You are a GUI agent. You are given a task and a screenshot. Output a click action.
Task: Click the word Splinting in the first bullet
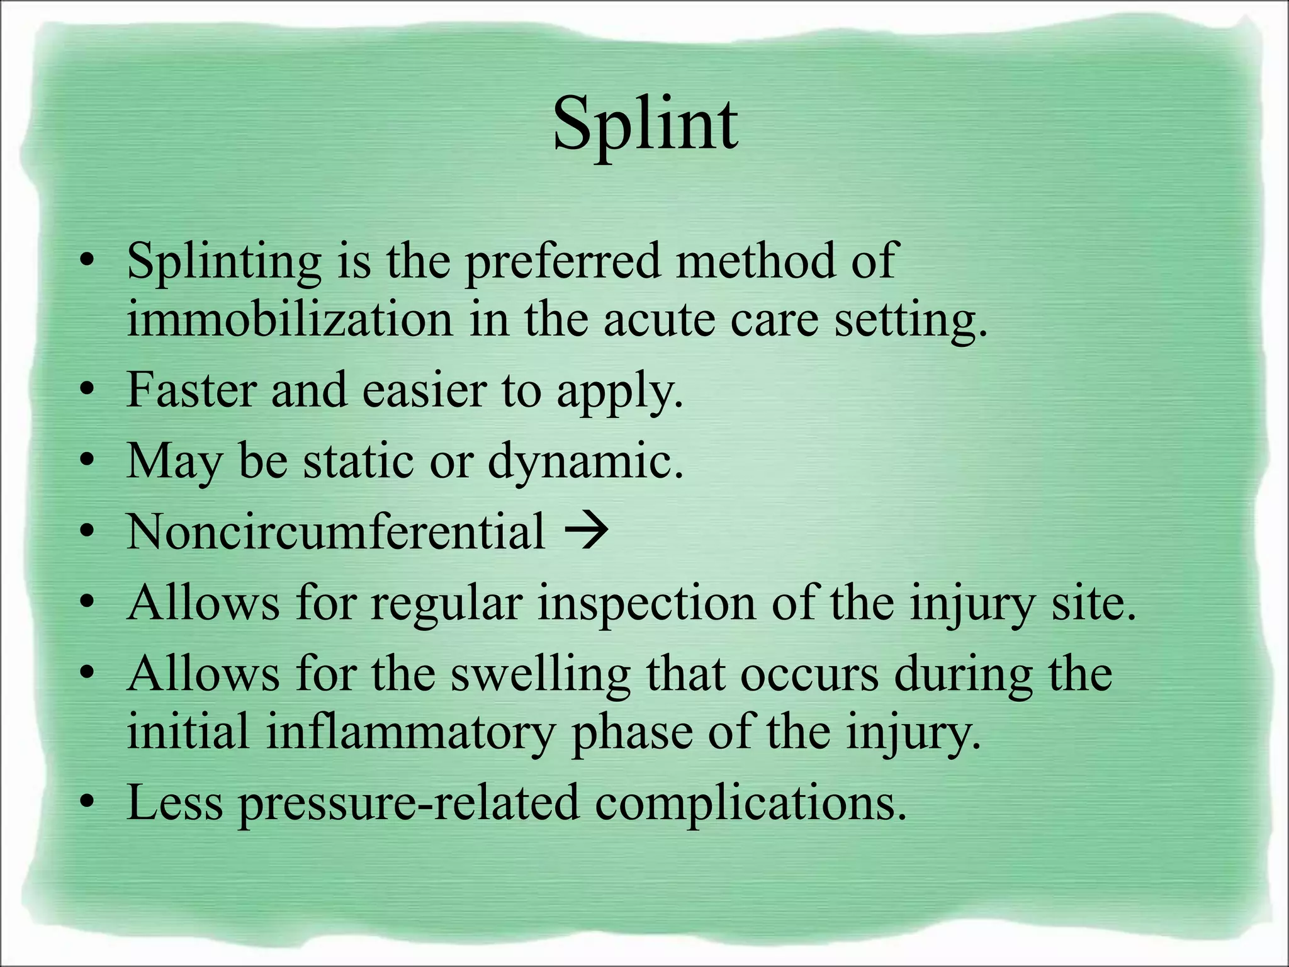click(x=224, y=261)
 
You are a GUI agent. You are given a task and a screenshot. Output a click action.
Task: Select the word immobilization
click(x=290, y=320)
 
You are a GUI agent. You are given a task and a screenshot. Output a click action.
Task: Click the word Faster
click(x=191, y=390)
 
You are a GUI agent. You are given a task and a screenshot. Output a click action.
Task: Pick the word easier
click(x=424, y=390)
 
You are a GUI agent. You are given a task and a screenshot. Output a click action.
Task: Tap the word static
click(x=359, y=461)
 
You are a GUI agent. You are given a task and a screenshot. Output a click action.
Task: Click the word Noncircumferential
click(x=336, y=532)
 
